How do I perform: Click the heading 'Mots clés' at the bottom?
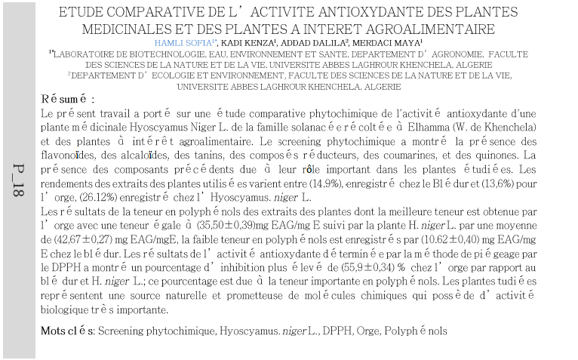pyautogui.click(x=67, y=331)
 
